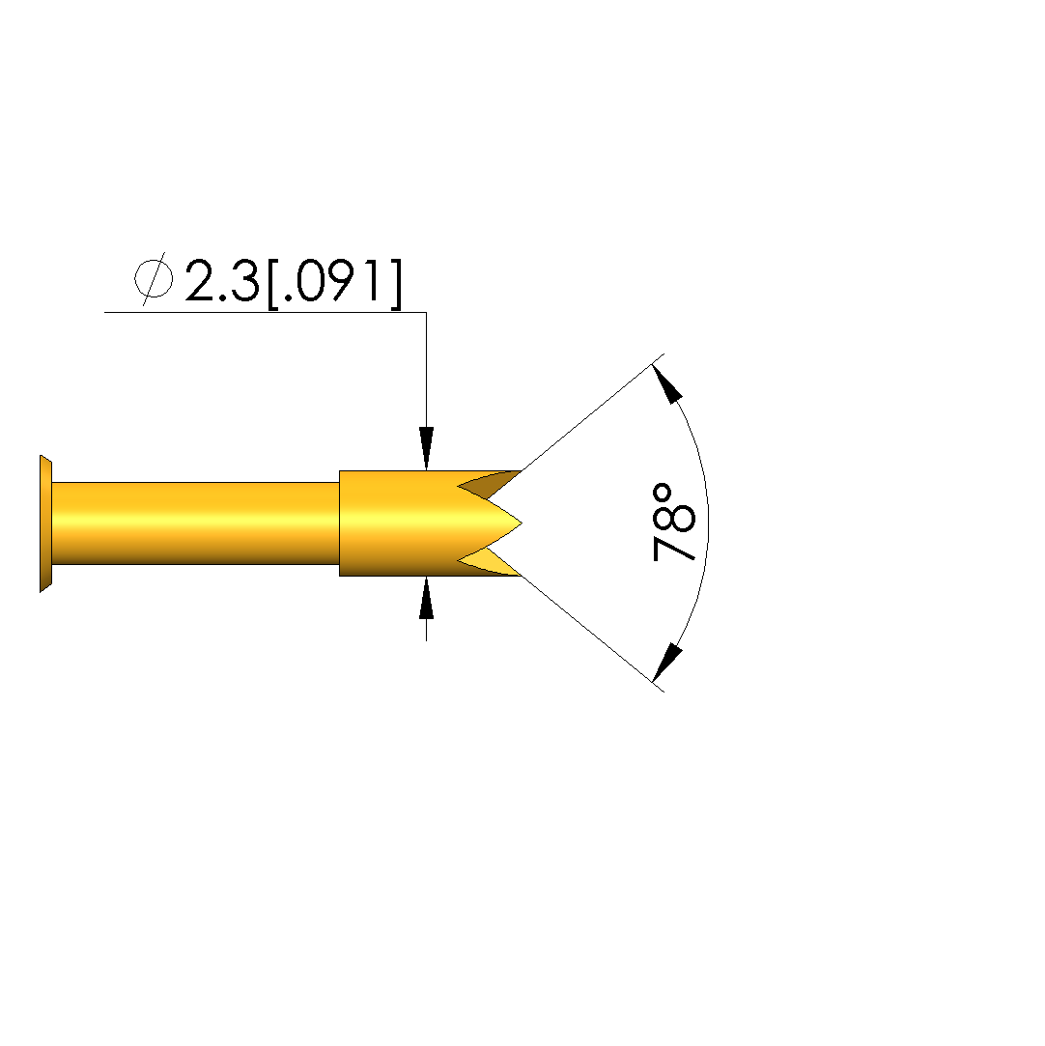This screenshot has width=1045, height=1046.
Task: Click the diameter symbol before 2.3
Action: (154, 279)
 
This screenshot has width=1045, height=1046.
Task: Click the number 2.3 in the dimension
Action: (221, 281)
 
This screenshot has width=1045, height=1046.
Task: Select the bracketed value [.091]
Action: (335, 284)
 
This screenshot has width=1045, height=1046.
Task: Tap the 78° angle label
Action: (673, 523)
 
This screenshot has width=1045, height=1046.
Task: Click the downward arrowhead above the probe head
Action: (426, 448)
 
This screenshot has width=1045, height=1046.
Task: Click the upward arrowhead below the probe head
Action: (426, 598)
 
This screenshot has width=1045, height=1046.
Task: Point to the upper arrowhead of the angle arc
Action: (666, 383)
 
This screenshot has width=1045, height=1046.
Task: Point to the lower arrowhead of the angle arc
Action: (666, 663)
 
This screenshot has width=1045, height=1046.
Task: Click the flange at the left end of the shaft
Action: (45, 523)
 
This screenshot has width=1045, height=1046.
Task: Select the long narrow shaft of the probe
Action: (195, 523)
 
